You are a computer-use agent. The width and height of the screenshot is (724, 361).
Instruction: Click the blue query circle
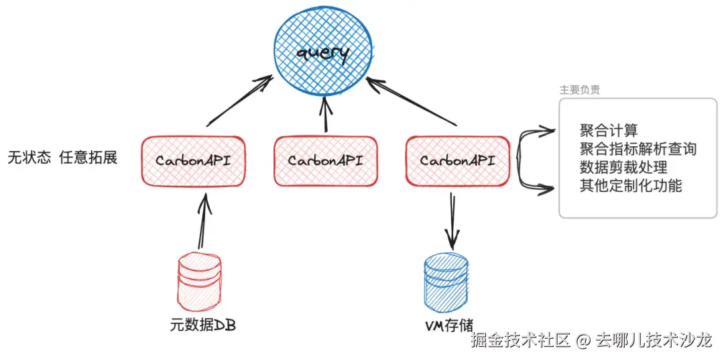(323, 52)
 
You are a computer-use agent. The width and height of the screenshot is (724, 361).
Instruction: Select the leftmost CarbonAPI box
(193, 161)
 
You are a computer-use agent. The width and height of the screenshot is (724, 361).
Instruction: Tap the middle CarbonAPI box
(325, 161)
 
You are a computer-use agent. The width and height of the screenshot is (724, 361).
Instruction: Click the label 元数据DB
(202, 326)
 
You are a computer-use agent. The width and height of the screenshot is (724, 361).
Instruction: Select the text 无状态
(29, 158)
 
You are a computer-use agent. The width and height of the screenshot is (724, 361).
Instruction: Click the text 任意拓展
(88, 158)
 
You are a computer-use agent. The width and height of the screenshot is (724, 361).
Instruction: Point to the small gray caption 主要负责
(580, 89)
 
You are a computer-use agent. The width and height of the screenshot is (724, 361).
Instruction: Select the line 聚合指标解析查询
(638, 148)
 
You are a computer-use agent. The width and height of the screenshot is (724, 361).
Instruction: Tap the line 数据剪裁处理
(623, 167)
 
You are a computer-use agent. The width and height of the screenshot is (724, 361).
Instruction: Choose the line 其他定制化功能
(630, 186)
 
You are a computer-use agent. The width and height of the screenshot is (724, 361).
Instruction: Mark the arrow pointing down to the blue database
(453, 221)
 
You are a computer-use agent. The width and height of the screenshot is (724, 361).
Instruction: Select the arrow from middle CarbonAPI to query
(326, 114)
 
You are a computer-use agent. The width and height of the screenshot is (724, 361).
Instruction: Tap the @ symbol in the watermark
(583, 341)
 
